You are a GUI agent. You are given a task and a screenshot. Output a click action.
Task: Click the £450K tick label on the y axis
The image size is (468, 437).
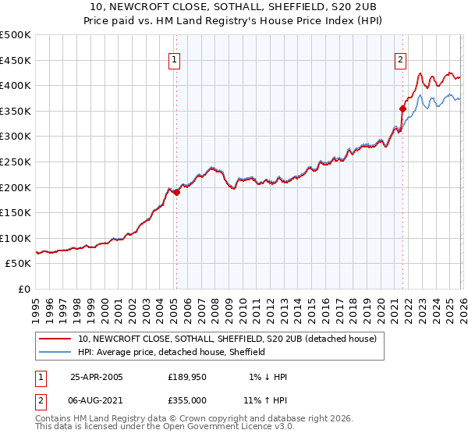click(x=16, y=60)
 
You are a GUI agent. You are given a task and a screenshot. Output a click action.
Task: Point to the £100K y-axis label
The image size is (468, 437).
click(x=16, y=238)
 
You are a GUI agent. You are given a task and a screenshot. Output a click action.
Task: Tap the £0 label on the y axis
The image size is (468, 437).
click(x=24, y=290)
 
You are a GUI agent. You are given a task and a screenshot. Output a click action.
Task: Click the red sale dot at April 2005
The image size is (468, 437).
click(x=176, y=193)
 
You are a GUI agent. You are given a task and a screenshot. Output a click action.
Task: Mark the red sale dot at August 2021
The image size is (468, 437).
click(x=403, y=108)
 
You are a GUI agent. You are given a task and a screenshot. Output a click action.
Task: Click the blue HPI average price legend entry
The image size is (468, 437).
click(x=172, y=352)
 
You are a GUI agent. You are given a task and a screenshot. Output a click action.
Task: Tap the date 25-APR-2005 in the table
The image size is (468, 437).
click(x=97, y=377)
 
